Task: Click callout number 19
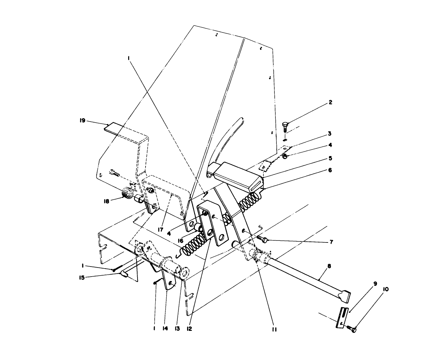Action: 82,121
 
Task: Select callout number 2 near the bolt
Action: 330,102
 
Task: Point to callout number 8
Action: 329,267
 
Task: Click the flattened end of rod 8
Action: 345,296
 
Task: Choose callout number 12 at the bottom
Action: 189,329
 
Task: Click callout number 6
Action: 330,170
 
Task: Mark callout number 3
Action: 330,134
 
